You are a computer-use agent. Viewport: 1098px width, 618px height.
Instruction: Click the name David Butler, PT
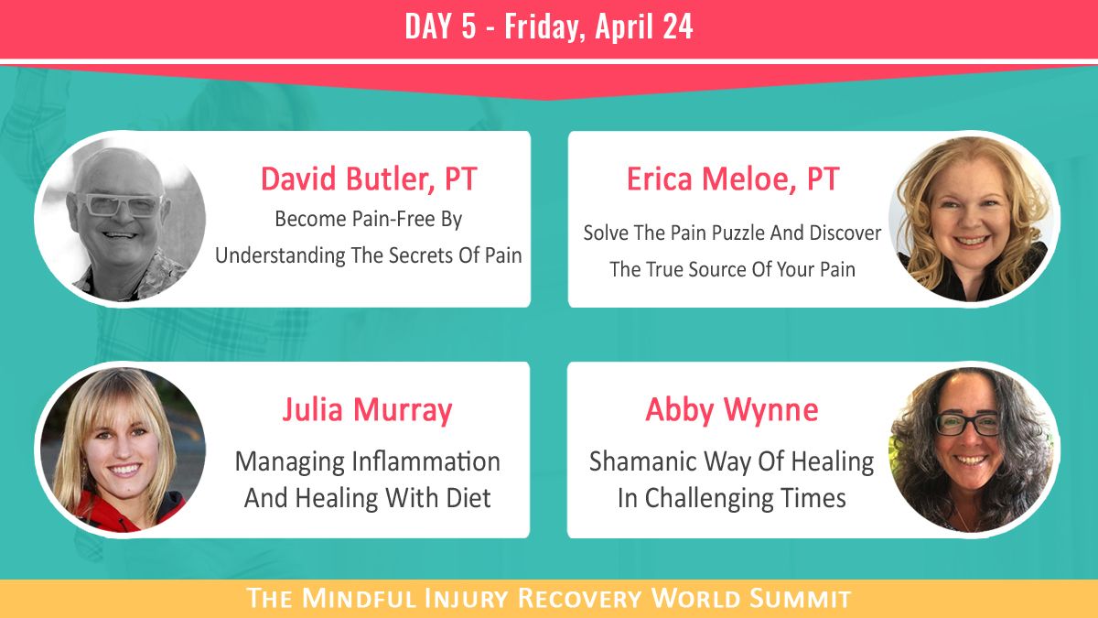tap(368, 179)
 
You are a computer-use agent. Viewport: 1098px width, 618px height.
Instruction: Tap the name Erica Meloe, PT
tap(732, 179)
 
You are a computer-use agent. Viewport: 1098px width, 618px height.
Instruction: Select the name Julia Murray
tap(367, 409)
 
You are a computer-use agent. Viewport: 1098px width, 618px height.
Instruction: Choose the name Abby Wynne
tap(731, 409)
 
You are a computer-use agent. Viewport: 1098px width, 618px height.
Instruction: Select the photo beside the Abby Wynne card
tap(972, 449)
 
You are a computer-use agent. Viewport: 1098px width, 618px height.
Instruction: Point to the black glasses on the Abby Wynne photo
tap(966, 424)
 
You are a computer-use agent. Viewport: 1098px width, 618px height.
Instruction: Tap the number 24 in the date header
tap(677, 27)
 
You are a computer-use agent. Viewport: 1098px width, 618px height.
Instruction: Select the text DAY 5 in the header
tap(441, 27)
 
